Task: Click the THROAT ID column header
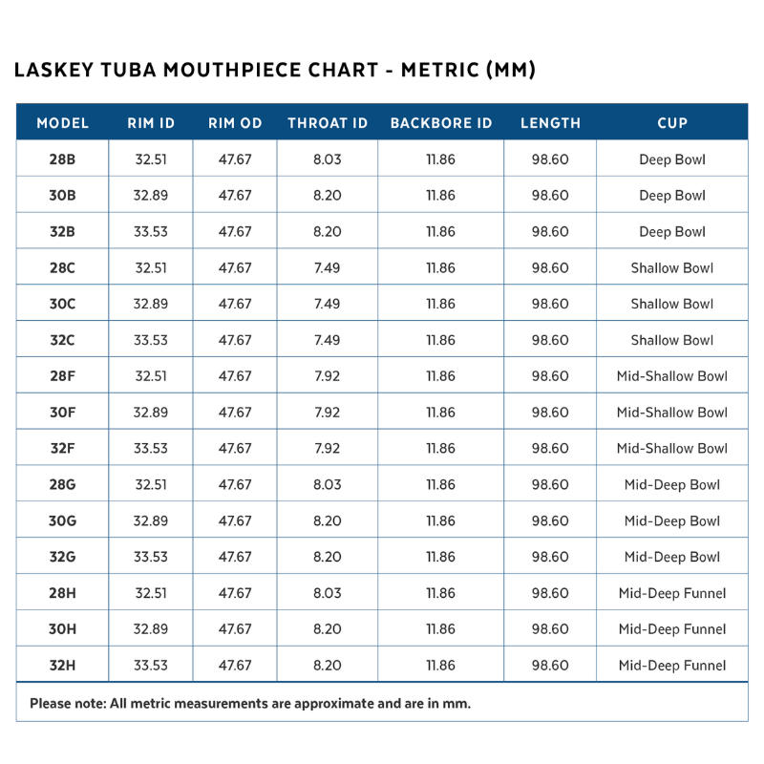328,123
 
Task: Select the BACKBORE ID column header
441,123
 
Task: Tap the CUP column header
672,123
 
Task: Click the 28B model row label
62,159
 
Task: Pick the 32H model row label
62,666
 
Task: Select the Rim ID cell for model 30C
151,304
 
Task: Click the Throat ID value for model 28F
327,376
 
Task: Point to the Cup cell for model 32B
672,232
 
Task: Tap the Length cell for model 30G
550,521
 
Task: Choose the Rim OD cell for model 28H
235,593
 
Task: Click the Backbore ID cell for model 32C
441,340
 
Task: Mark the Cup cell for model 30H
672,629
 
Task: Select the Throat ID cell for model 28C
327,268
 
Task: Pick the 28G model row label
62,485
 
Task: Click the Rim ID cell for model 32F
151,449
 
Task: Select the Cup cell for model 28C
672,268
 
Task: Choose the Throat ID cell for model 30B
327,196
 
